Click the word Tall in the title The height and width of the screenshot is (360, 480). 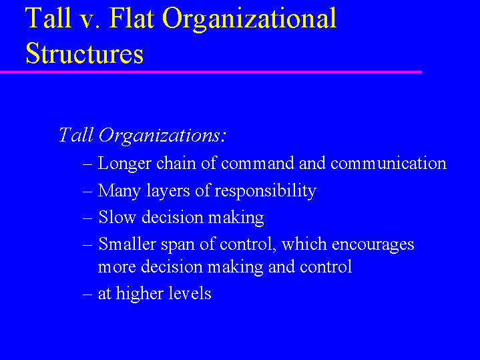click(x=48, y=19)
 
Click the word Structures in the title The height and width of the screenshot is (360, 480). click(x=84, y=53)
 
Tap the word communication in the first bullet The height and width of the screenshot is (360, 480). click(x=388, y=164)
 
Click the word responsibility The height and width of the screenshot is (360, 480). click(x=268, y=191)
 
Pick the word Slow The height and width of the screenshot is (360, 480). click(x=114, y=218)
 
